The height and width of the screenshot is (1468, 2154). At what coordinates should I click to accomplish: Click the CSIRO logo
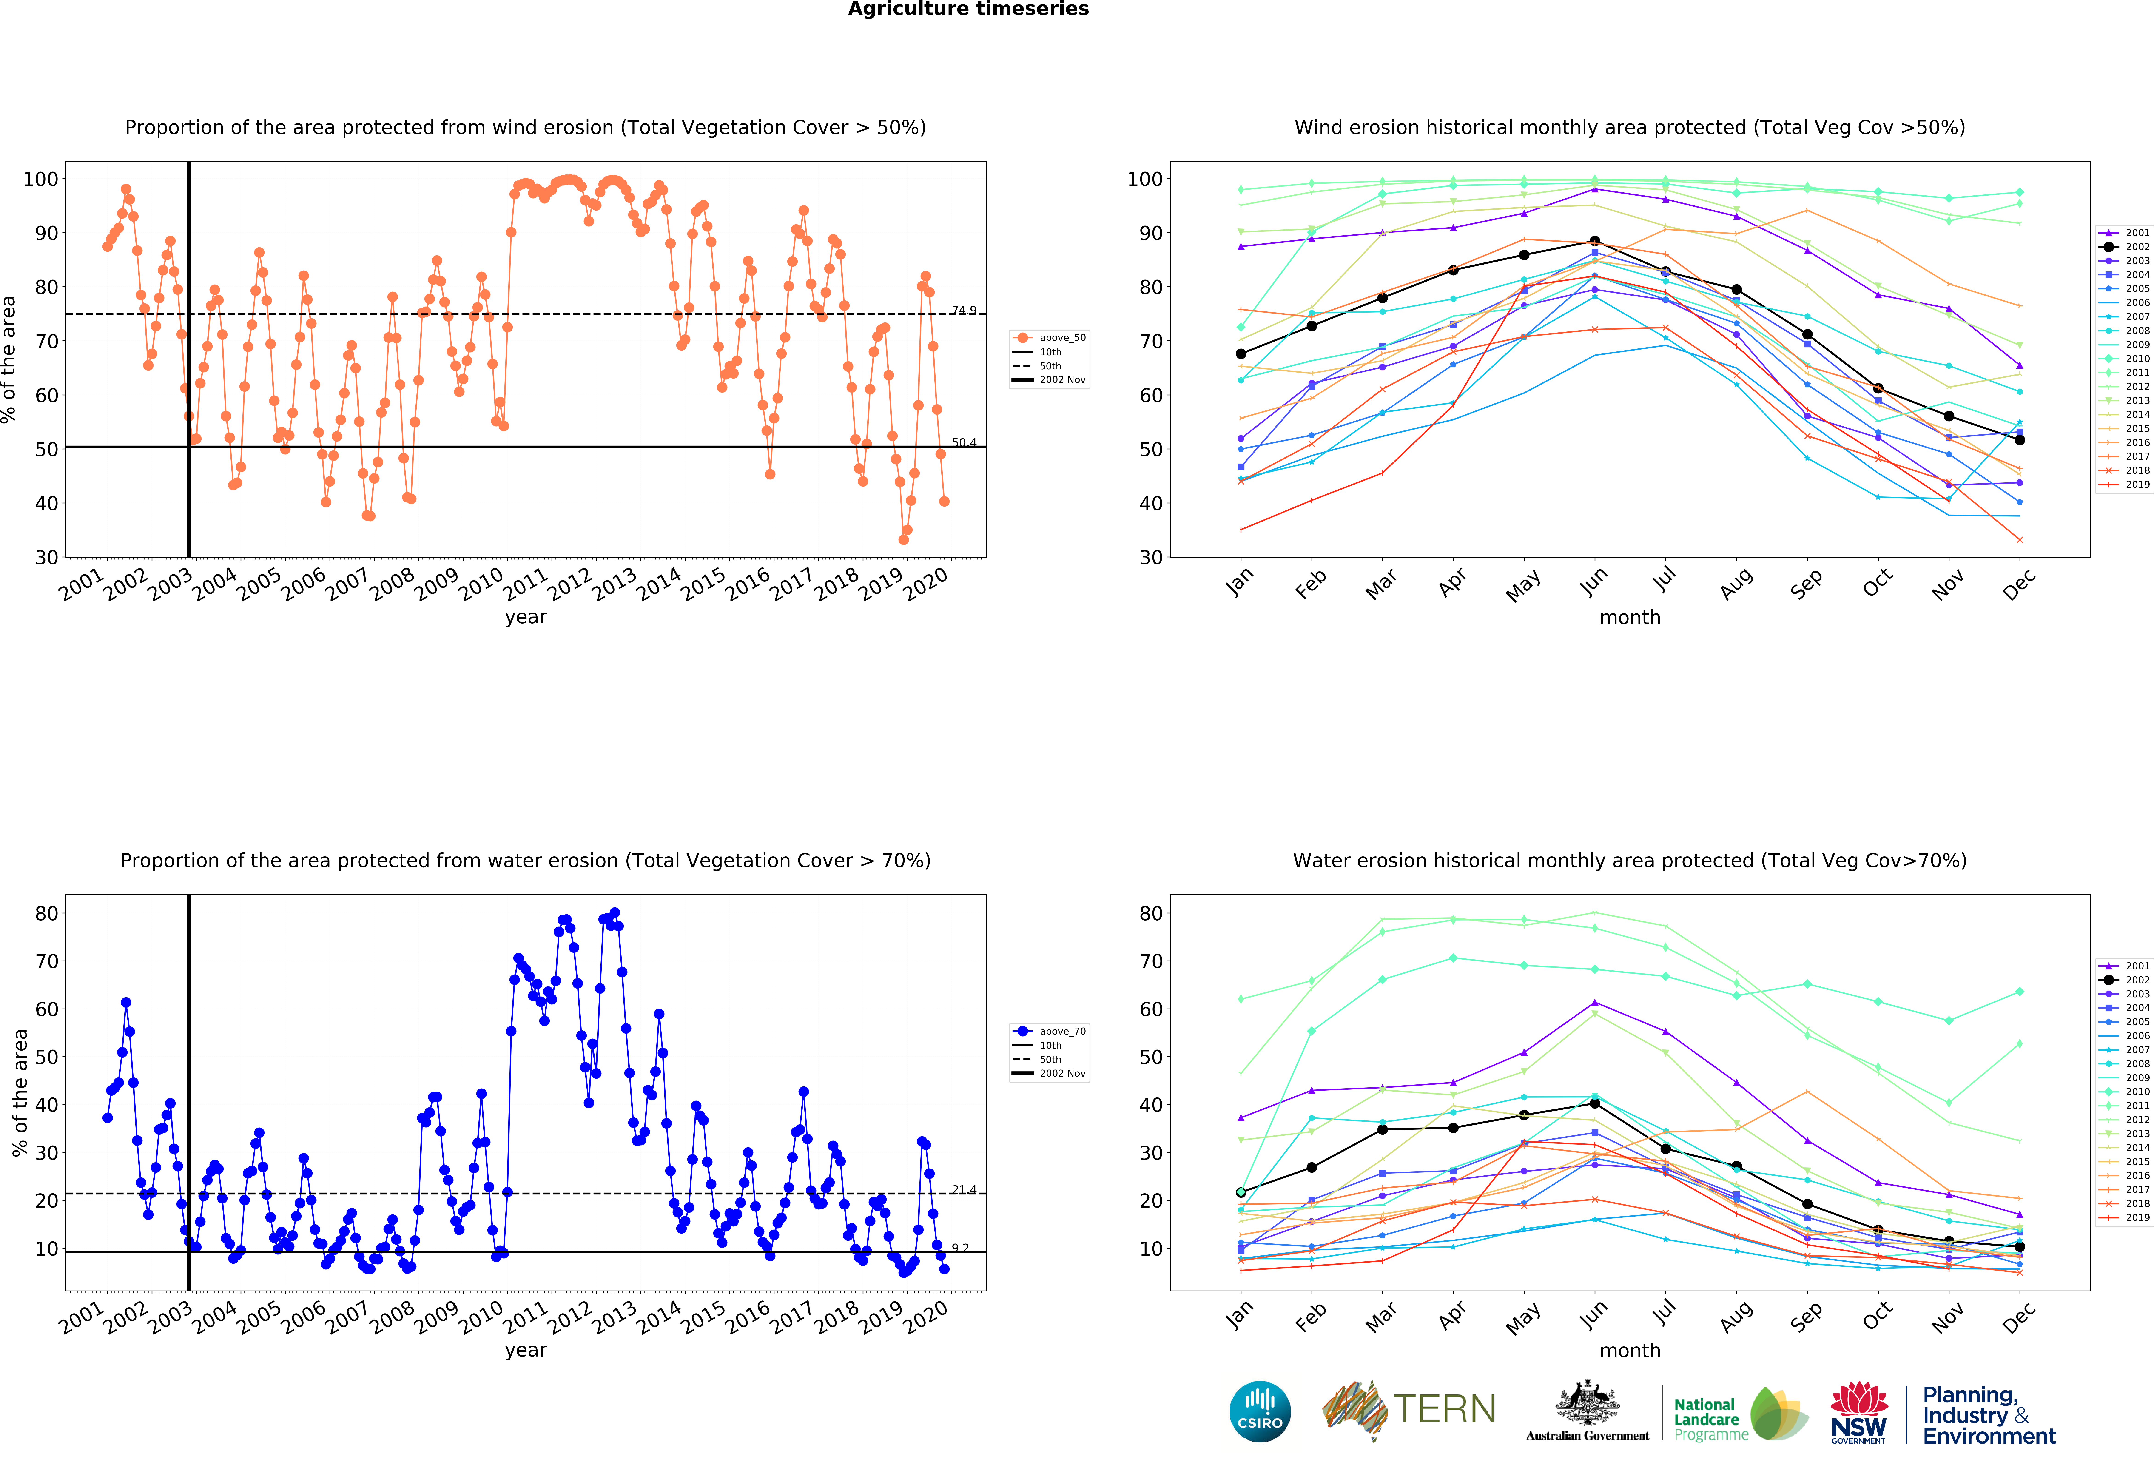tap(1260, 1411)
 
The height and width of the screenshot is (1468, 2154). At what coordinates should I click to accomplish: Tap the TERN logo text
tap(1444, 1410)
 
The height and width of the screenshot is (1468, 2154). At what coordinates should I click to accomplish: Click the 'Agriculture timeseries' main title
tap(968, 9)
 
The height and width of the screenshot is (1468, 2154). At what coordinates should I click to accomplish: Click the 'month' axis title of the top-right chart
tap(1629, 617)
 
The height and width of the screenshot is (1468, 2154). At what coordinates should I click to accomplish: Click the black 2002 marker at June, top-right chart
tap(1594, 241)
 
